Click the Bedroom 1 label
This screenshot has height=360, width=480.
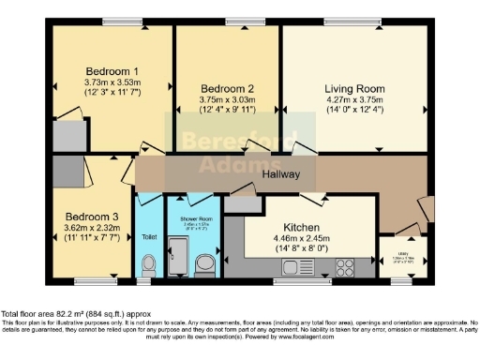tap(112, 71)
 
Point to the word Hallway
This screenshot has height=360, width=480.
tap(280, 174)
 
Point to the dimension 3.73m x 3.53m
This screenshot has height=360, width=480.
tap(112, 82)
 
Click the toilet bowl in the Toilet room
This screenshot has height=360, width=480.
tap(148, 267)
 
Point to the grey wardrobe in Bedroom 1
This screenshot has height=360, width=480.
tap(67, 137)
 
